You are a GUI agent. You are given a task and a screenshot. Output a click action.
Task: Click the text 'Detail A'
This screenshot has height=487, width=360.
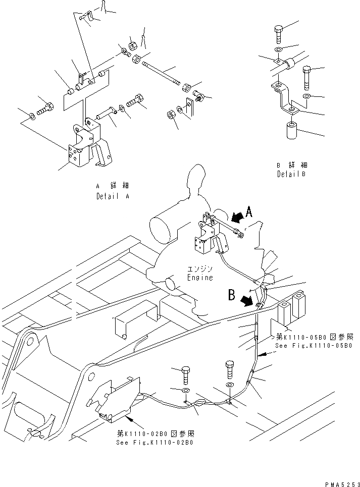pyautogui.click(x=112, y=196)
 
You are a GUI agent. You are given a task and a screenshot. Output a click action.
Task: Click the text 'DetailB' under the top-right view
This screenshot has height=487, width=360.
pyautogui.click(x=291, y=174)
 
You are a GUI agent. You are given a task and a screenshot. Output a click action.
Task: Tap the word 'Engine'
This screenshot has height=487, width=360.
pyautogui.click(x=200, y=278)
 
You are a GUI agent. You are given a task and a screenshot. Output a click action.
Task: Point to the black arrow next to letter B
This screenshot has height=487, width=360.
pyautogui.click(x=247, y=302)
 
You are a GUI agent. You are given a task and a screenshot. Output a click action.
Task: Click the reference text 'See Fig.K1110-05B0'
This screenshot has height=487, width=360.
pyautogui.click(x=313, y=346)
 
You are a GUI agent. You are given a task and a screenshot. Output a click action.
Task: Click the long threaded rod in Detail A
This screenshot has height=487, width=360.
pyautogui.click(x=162, y=73)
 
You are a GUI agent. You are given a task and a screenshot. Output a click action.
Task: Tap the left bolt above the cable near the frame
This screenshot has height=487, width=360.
pyautogui.click(x=185, y=374)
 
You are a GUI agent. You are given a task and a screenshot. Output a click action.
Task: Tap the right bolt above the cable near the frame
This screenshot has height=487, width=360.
pyautogui.click(x=230, y=368)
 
